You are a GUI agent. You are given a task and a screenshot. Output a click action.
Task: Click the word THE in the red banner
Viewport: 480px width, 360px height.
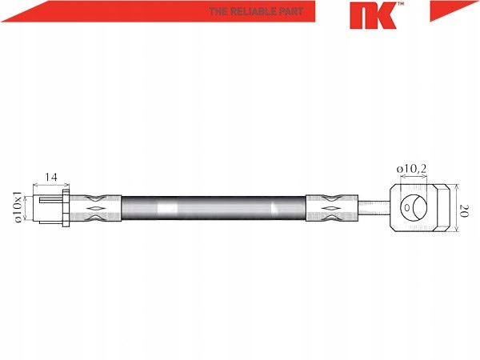click(218, 12)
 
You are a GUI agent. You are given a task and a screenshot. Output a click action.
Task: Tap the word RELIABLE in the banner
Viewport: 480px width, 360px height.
click(253, 12)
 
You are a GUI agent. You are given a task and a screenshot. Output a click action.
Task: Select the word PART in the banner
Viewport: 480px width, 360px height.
click(291, 12)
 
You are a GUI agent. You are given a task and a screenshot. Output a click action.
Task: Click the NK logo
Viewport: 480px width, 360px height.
click(373, 16)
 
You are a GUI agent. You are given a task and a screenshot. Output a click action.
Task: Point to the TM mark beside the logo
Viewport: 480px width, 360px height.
click(401, 4)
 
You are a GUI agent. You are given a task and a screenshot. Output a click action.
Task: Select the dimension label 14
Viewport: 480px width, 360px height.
click(51, 177)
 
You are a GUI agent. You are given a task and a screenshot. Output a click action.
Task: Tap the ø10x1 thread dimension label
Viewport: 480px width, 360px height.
click(18, 207)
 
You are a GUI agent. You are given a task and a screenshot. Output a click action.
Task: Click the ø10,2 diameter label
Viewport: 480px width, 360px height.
click(411, 169)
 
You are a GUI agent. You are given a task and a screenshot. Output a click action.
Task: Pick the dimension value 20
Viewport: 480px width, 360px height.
click(464, 211)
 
